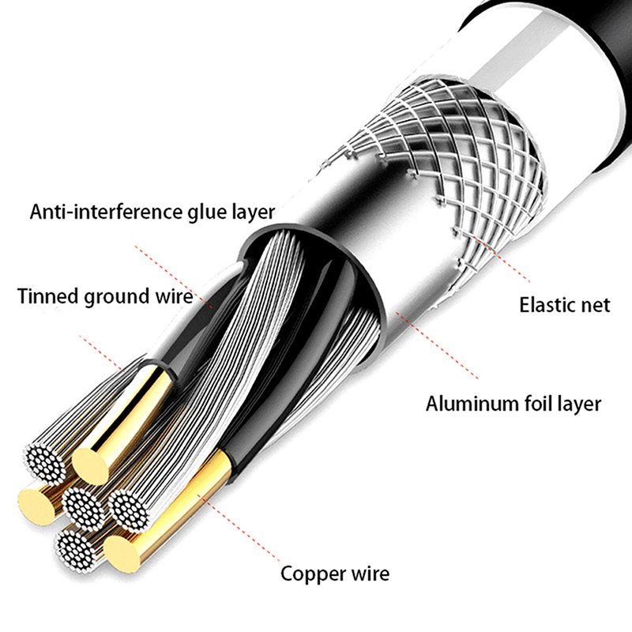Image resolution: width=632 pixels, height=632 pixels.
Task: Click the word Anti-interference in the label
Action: (104, 213)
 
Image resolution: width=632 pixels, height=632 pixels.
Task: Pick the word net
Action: (595, 305)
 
